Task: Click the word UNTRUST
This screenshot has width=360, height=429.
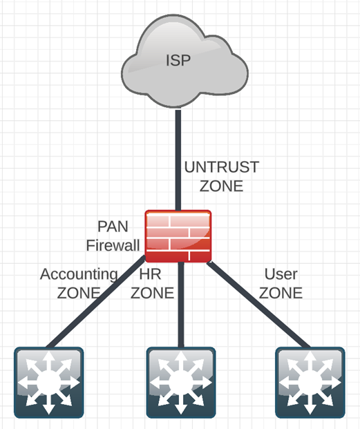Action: pyautogui.click(x=221, y=167)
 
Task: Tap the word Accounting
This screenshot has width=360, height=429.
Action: pyautogui.click(x=79, y=274)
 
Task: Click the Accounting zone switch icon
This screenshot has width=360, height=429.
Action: pyautogui.click(x=48, y=382)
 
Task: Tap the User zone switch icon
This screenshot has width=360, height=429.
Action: pyautogui.click(x=310, y=382)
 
